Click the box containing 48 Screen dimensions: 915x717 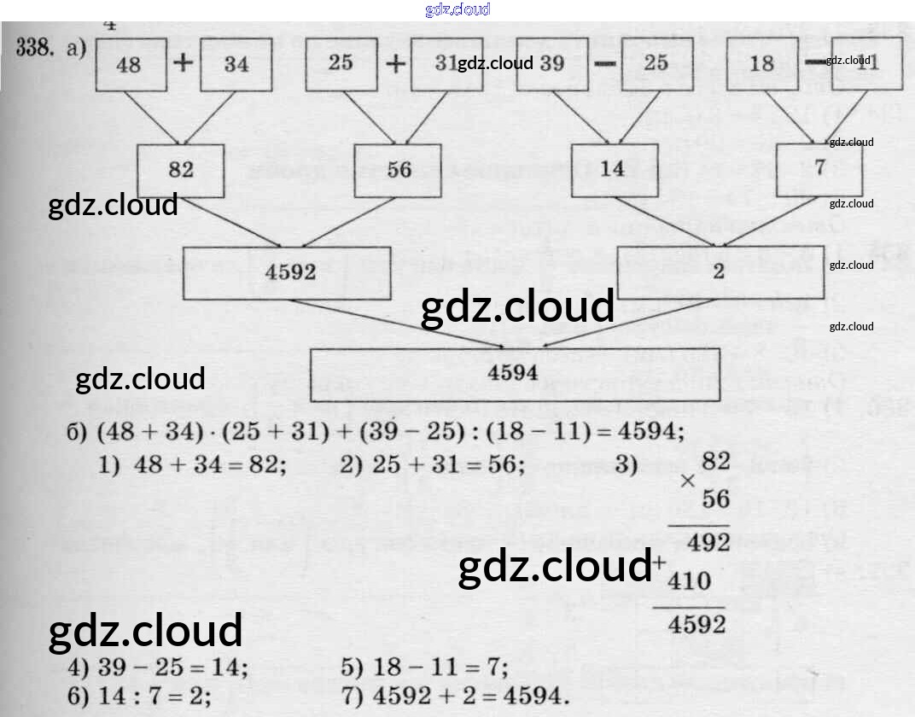click(131, 65)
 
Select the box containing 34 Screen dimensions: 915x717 click(236, 65)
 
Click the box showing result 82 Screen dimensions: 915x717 click(181, 169)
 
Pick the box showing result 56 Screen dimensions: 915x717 click(399, 169)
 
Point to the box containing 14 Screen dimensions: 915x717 click(613, 168)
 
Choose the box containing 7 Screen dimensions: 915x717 click(819, 167)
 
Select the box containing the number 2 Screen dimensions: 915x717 click(718, 271)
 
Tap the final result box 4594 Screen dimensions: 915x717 click(511, 374)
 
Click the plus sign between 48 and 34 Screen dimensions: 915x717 click(184, 65)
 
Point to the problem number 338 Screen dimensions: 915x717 click(38, 48)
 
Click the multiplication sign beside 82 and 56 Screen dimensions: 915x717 click(688, 481)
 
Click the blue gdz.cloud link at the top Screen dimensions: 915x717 click(457, 9)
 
